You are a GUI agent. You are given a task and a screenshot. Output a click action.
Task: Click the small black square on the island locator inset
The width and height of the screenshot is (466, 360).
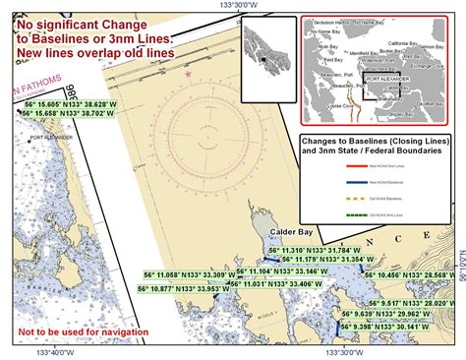coord(262,62)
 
